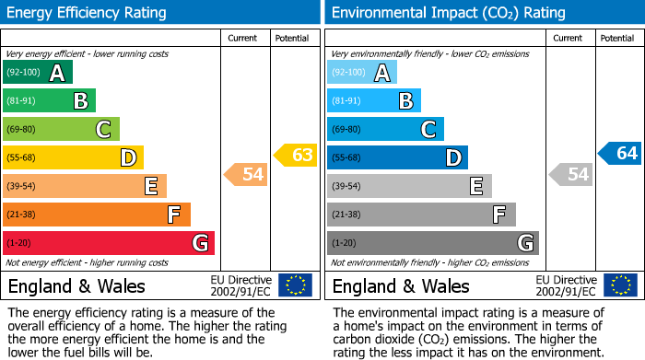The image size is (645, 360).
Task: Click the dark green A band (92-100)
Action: [37, 73]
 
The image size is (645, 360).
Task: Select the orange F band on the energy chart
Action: [96, 215]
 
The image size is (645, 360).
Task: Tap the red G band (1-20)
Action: [108, 243]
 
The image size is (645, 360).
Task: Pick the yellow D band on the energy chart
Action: [73, 157]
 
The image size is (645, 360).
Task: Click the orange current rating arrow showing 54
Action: [246, 173]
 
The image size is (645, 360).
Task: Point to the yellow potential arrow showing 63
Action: [296, 155]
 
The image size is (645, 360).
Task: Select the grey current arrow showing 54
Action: [570, 173]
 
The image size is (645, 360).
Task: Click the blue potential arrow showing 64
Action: [620, 153]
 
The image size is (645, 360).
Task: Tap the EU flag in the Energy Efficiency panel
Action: [295, 285]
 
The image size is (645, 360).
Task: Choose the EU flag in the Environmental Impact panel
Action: [620, 285]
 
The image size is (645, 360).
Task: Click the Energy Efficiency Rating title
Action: [88, 13]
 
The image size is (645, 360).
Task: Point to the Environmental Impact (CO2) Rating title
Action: [448, 13]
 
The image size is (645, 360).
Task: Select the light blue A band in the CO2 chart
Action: [362, 73]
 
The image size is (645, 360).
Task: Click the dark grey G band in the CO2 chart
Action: [432, 243]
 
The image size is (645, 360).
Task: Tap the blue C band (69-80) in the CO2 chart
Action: [385, 129]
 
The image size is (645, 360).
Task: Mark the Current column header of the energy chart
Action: [242, 38]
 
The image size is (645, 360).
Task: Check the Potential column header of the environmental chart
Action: [617, 38]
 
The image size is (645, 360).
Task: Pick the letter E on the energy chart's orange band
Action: [150, 186]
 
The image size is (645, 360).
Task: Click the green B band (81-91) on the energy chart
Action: [49, 101]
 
